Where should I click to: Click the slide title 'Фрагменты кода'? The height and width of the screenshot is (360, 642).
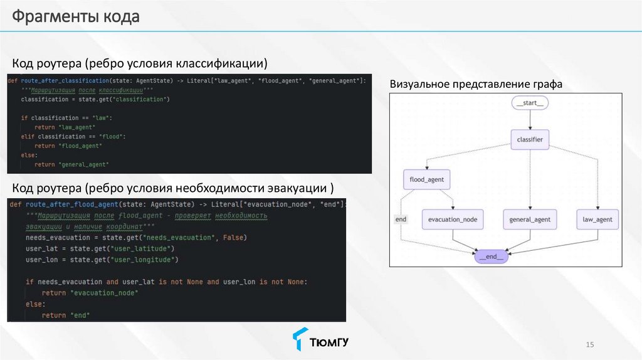[75, 17]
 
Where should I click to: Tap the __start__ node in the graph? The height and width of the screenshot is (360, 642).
[530, 103]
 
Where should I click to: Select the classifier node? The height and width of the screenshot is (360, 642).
[530, 139]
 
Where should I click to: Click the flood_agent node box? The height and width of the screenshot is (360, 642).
[426, 180]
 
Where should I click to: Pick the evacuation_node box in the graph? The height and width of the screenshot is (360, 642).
[453, 220]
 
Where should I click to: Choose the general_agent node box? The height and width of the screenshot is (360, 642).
[530, 220]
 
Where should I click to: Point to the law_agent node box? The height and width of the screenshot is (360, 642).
[597, 220]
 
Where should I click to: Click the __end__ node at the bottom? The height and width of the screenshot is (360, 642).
[492, 257]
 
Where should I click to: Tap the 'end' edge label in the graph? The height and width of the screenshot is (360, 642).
[401, 220]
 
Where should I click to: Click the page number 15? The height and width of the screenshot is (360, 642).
[589, 344]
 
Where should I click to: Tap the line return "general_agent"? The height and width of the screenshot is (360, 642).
[71, 164]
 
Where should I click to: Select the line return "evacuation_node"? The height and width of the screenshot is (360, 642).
[90, 293]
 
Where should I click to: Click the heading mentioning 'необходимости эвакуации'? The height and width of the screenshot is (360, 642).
[173, 188]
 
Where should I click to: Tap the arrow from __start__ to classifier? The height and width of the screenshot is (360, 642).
[530, 120]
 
